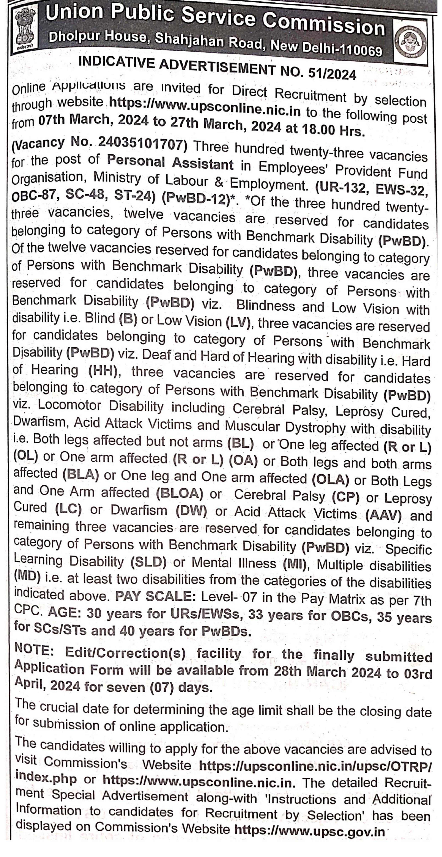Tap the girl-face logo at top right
tap(410, 42)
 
